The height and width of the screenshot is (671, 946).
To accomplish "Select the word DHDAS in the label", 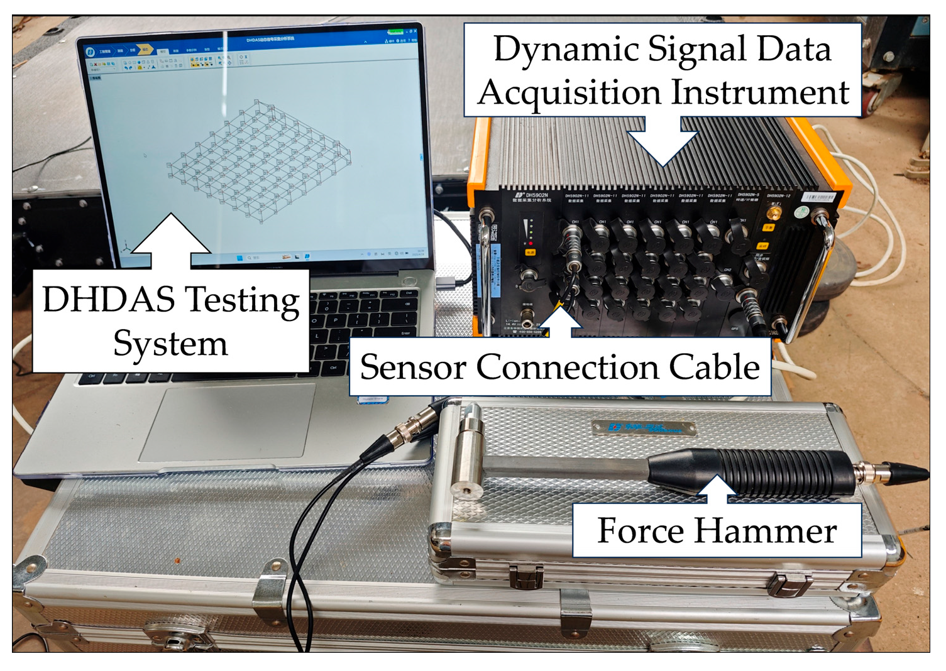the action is click(x=109, y=299).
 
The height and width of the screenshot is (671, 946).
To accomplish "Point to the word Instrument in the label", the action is click(x=761, y=92).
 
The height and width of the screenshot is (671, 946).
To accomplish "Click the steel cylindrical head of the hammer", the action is click(x=468, y=452).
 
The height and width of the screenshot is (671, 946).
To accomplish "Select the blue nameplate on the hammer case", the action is click(x=644, y=428).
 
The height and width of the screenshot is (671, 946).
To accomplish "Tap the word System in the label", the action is click(x=170, y=344).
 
